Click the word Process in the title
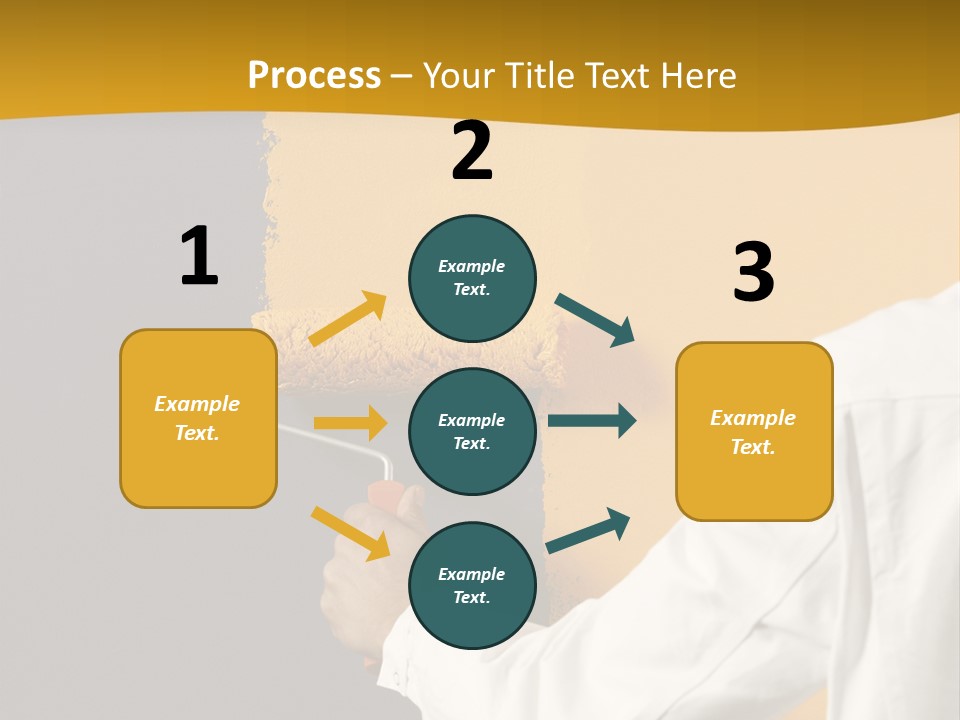(x=314, y=75)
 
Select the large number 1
(x=199, y=257)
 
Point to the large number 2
(x=472, y=151)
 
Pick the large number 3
(x=753, y=273)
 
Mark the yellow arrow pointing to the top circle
(x=348, y=319)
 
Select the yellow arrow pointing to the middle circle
(x=350, y=423)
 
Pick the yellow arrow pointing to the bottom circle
(x=350, y=533)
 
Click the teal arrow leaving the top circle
(x=595, y=320)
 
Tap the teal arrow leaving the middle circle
(x=592, y=420)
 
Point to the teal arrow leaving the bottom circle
(x=588, y=530)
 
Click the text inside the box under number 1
(x=197, y=418)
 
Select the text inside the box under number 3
(x=753, y=432)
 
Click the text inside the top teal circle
(x=472, y=278)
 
